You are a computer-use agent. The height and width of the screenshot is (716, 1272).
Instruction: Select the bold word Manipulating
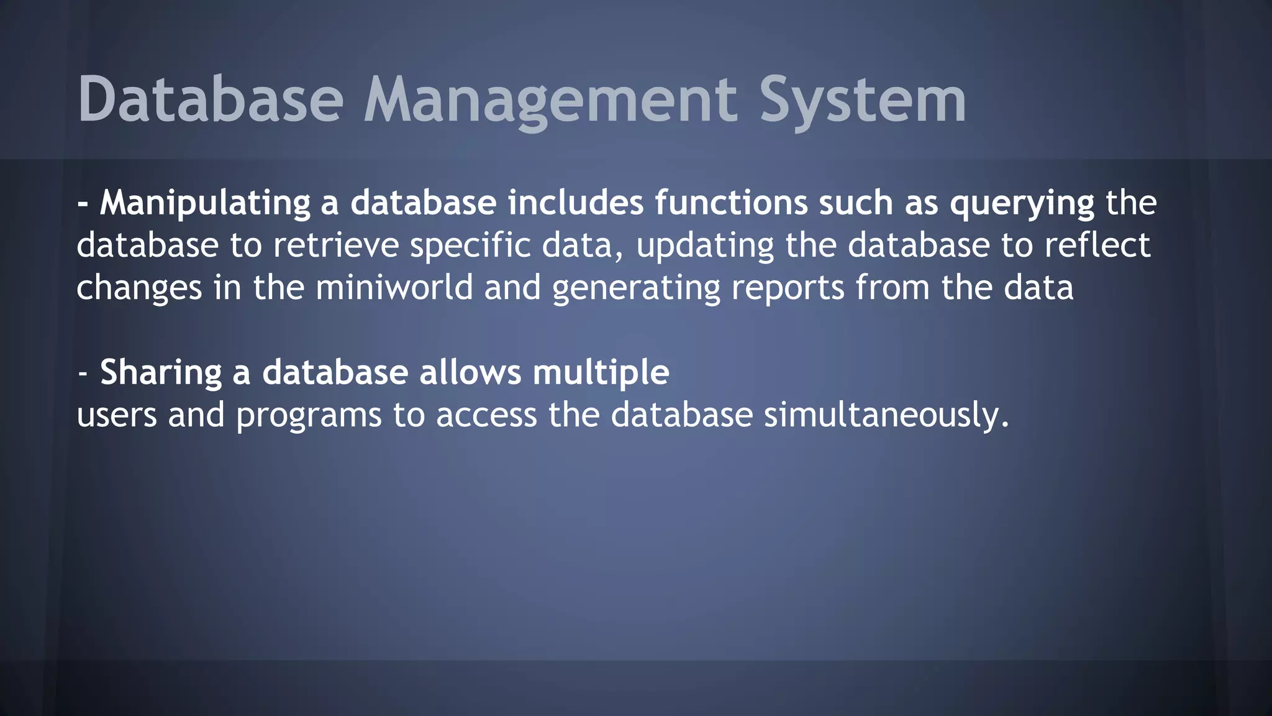[205, 203]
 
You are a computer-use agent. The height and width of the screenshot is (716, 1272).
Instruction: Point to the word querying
[1022, 203]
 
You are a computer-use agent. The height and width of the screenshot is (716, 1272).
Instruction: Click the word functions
[730, 203]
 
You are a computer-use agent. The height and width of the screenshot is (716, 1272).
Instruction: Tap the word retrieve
[335, 245]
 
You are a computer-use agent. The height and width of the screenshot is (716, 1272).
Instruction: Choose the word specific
[470, 245]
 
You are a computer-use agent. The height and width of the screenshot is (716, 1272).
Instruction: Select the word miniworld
[394, 287]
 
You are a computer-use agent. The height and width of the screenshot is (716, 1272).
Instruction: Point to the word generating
[635, 288]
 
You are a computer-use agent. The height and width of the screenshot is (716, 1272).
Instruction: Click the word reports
[788, 288]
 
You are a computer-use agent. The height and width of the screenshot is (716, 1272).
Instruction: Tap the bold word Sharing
[161, 373]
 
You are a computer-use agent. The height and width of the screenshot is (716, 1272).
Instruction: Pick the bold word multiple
[601, 373]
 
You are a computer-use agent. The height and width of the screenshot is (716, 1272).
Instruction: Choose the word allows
[470, 372]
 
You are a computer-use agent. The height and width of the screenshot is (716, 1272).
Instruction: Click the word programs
[309, 415]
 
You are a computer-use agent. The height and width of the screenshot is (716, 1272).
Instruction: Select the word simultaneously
[886, 415]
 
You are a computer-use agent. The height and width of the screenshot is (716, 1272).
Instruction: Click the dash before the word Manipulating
[83, 204]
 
